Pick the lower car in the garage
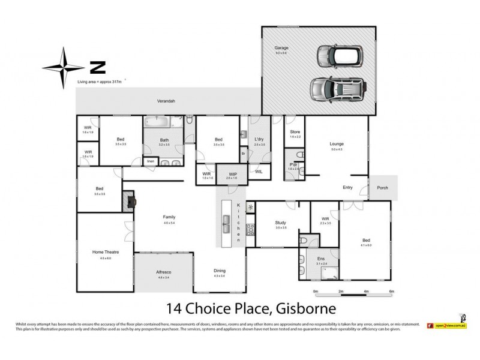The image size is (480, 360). pos(338,89)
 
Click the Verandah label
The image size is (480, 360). pos(157,101)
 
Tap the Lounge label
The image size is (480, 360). pos(337,143)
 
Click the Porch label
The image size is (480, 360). pos(383,187)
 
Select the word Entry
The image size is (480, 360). pos(348,187)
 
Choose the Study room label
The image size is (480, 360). pos(280,222)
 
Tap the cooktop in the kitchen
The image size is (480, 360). pos(251,229)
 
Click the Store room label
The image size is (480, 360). pos(294,132)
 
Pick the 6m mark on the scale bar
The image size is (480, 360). pos(391,291)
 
